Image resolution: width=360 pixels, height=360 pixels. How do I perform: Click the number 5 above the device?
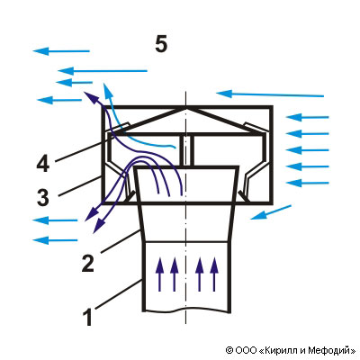161,45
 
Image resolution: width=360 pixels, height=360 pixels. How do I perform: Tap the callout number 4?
42,164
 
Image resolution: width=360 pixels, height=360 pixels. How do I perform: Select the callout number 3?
43,198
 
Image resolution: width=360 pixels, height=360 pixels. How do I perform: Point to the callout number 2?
87,264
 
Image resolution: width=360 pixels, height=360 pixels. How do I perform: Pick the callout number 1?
87,318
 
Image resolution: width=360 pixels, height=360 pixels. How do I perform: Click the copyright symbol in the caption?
229,350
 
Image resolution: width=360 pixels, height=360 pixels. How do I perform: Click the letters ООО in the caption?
246,350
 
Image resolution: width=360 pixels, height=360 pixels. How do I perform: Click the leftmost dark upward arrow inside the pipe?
159,274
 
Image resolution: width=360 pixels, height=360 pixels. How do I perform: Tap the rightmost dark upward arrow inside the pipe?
213,274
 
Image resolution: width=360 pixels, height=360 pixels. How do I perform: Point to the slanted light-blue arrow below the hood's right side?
271,212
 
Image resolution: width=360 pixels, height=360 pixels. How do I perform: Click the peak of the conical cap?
186,108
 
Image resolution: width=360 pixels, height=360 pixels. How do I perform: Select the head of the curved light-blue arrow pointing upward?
107,89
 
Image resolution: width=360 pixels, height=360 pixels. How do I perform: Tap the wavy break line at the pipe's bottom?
186,310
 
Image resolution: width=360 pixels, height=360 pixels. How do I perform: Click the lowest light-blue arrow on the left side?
55,240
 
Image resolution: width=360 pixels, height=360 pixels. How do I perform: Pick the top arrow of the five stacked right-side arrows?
308,117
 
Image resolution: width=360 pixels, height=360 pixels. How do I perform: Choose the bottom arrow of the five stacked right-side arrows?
308,183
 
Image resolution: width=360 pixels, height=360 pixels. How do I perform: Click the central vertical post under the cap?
186,150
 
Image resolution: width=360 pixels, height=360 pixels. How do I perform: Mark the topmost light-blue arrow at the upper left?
61,51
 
